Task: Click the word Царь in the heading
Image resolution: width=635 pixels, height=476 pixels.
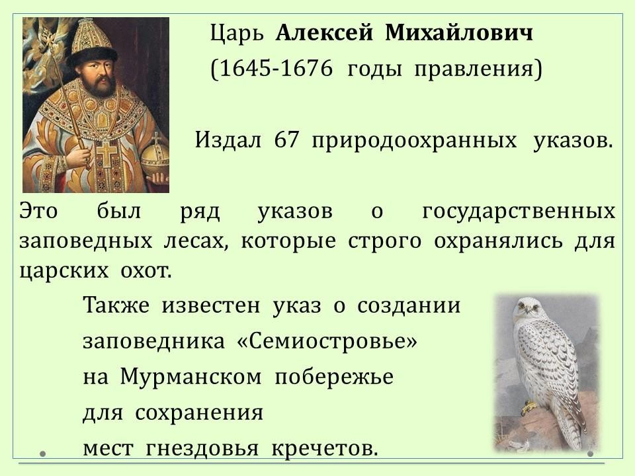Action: tap(237, 34)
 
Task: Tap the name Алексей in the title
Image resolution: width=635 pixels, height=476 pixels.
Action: tap(324, 33)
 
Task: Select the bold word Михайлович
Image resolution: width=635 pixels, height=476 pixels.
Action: tap(459, 33)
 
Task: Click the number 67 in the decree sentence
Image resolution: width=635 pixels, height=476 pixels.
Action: tap(286, 140)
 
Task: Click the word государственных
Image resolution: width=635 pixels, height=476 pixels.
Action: tap(519, 212)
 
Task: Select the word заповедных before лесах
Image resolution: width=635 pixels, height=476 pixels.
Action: tap(86, 241)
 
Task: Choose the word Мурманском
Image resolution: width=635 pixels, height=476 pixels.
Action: tap(190, 377)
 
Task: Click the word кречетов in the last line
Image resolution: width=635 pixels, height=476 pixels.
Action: tap(324, 448)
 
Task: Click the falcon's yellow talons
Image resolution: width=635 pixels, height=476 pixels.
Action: tap(528, 408)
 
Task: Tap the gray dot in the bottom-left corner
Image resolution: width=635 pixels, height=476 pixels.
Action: tap(42, 454)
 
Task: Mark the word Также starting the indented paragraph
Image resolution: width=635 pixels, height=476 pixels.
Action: tap(116, 305)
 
